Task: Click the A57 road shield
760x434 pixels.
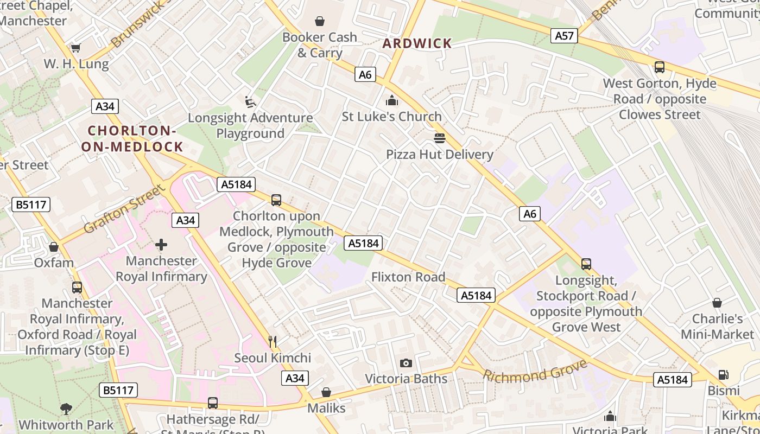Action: coord(565,36)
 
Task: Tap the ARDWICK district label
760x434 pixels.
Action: coord(417,43)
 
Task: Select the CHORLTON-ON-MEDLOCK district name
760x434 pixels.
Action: coord(132,138)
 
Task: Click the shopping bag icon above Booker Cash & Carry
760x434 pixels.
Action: coord(320,21)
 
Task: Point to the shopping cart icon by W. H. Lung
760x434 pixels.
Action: coord(76,48)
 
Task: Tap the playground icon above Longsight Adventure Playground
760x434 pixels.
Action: coord(250,101)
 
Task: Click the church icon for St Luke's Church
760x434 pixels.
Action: coord(391,100)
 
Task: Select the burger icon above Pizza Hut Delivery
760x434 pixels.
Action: coord(439,138)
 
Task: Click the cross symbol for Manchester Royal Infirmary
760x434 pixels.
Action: coord(161,245)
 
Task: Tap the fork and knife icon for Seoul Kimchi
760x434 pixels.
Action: coord(273,342)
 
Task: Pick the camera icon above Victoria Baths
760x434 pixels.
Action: coord(406,363)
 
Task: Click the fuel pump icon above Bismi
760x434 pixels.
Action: coord(723,375)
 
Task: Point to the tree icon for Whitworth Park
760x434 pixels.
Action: coord(66,409)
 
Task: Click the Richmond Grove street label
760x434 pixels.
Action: coord(535,371)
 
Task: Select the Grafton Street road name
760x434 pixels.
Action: coord(124,209)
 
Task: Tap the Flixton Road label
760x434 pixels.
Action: coord(408,277)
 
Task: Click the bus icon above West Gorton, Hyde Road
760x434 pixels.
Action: coord(660,67)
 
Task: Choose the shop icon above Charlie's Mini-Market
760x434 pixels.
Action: coord(717,303)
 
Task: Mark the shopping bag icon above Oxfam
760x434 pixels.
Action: coord(54,247)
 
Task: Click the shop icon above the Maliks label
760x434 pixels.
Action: coord(326,392)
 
